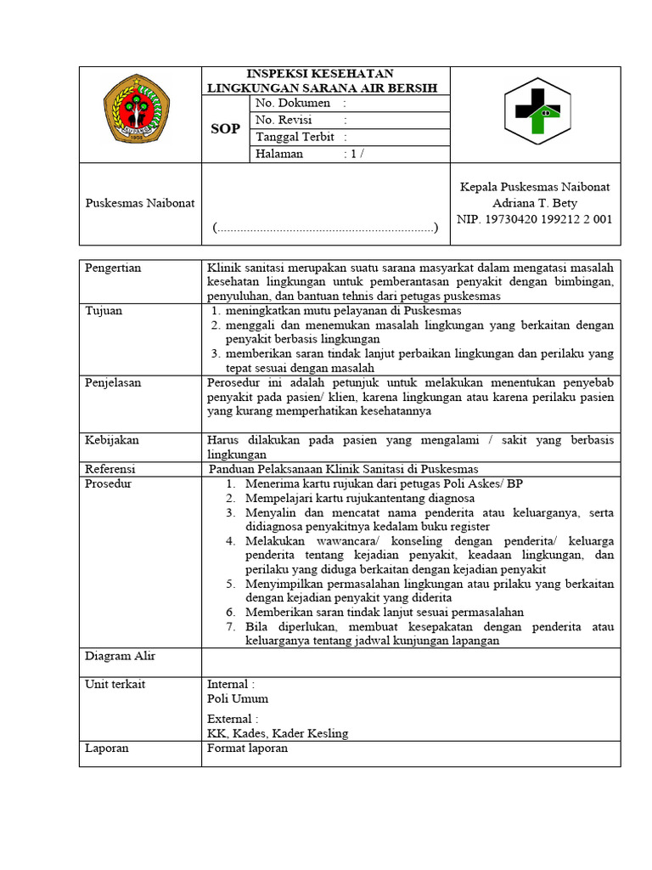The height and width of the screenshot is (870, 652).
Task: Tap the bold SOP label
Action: [x=225, y=128]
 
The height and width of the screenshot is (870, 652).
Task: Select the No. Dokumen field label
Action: [x=294, y=103]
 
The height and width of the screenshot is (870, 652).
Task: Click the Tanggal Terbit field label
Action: [x=295, y=137]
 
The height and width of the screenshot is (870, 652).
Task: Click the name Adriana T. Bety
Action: [x=535, y=203]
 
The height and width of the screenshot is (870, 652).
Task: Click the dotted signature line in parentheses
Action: [x=326, y=228]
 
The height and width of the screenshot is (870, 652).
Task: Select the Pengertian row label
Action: [x=113, y=268]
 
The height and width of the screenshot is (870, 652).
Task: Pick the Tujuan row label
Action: [x=104, y=311]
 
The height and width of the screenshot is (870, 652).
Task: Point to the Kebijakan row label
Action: [x=112, y=440]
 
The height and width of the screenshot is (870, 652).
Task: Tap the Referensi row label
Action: [x=110, y=469]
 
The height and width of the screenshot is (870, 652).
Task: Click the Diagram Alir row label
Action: [x=120, y=656]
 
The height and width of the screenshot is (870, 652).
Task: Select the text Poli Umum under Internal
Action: [x=238, y=698]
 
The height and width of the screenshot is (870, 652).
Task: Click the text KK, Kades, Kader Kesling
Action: [x=278, y=733]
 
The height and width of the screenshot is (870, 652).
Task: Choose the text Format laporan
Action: [x=247, y=749]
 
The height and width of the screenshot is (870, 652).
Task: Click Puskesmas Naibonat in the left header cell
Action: [x=140, y=203]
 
